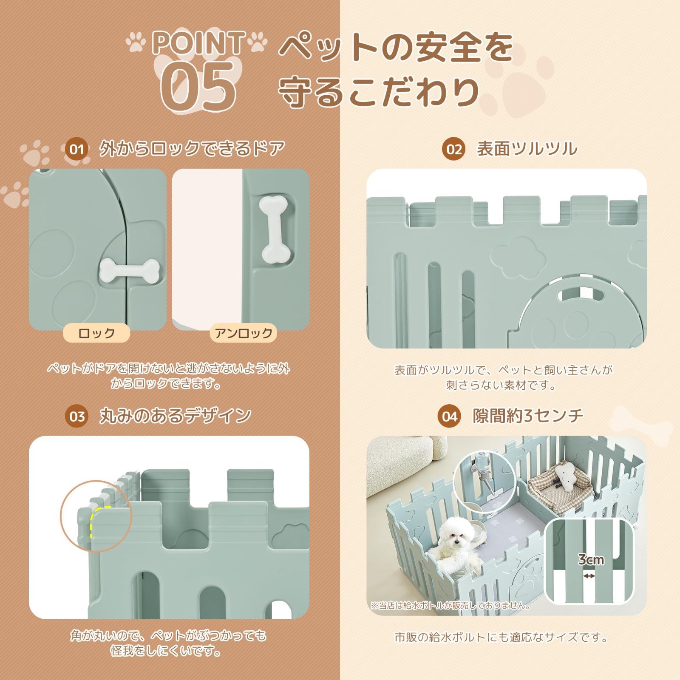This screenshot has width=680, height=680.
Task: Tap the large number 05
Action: [198, 85]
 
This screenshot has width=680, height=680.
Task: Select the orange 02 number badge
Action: [453, 150]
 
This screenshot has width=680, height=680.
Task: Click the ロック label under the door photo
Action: [96, 333]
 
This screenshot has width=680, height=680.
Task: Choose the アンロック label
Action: [243, 333]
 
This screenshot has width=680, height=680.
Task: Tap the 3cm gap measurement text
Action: [591, 560]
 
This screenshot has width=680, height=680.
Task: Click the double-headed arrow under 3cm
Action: [589, 576]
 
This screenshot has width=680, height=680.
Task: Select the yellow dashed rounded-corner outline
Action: [96, 519]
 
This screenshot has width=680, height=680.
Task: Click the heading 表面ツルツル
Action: [527, 150]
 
